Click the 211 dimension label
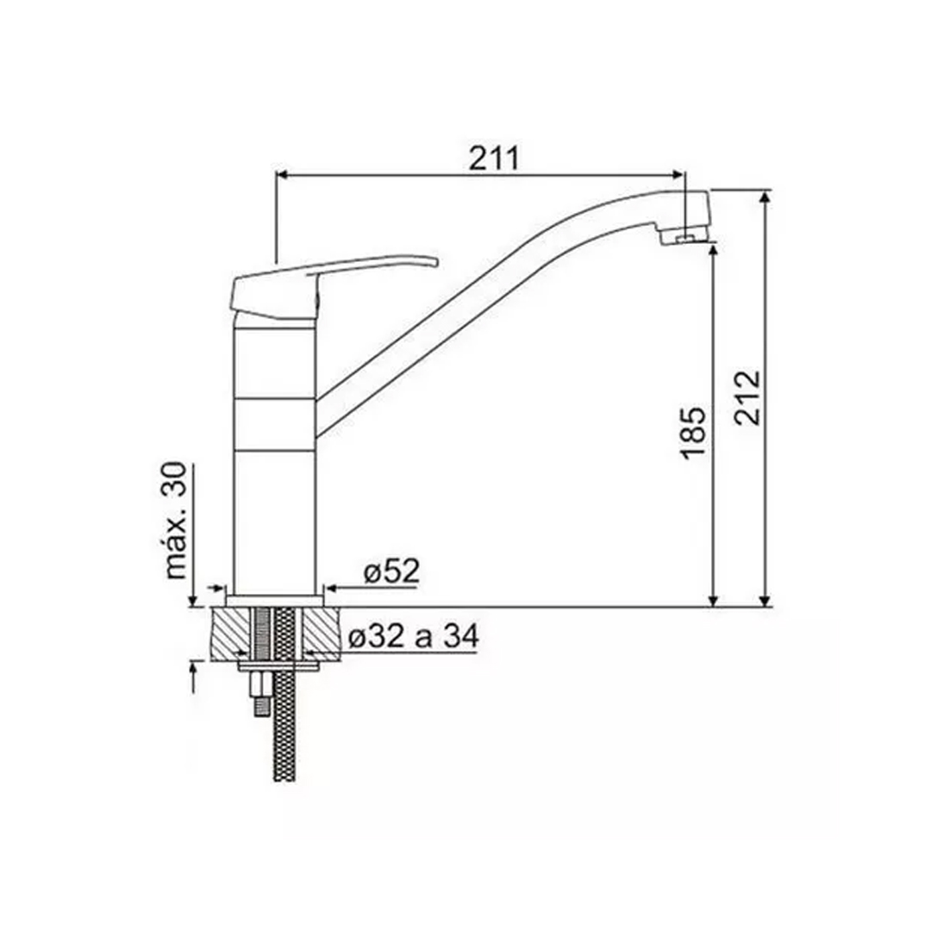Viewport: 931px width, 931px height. [494, 158]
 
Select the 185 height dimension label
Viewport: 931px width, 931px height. [693, 433]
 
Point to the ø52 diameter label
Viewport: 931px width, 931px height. [392, 572]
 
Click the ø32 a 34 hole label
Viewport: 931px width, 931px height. [413, 637]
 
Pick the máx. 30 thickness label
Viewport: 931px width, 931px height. [176, 521]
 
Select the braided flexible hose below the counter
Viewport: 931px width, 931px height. [284, 695]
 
